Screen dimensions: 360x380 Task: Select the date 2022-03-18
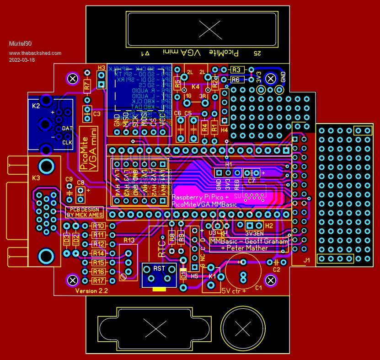pos(22,60)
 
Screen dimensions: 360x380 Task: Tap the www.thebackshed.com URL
pos(35,53)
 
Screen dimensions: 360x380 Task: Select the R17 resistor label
pos(99,281)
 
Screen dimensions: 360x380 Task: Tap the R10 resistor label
pos(99,226)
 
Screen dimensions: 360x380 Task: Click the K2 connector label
pos(36,106)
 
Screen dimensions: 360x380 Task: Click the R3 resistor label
pos(236,70)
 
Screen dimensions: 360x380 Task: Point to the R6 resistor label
pos(236,80)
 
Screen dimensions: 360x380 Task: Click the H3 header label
pos(102,68)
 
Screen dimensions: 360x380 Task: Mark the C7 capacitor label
pos(251,181)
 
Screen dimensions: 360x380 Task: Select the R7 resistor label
pos(87,85)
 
